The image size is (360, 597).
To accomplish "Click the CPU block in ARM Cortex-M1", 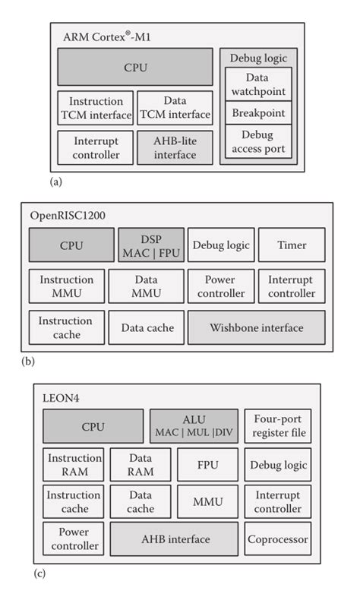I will [135, 68].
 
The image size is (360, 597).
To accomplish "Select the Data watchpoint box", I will [258, 84].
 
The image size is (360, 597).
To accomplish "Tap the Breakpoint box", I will [258, 113].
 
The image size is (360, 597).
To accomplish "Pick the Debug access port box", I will [258, 142].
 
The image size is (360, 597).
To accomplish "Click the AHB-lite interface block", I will [175, 147].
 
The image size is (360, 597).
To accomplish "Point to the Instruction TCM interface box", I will [96, 108].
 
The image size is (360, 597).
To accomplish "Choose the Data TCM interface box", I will [175, 108].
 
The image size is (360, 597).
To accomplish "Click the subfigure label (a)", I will [55, 182].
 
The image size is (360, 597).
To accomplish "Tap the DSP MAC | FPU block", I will [150, 245].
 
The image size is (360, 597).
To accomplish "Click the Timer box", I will [291, 245].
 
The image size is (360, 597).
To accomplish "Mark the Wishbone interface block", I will [256, 327].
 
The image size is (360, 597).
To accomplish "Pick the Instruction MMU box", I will [66, 286].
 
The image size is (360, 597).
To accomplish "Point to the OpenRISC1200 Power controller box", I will [221, 286].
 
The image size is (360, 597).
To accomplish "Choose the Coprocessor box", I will [278, 539].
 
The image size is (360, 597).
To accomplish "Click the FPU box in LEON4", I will [207, 465].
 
